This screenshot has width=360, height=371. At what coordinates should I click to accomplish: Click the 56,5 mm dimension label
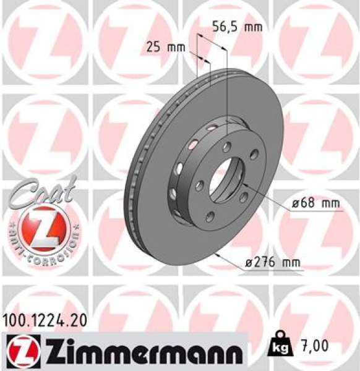pyautogui.click(x=237, y=27)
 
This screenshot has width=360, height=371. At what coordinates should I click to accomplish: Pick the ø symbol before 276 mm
pyautogui.click(x=249, y=263)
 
